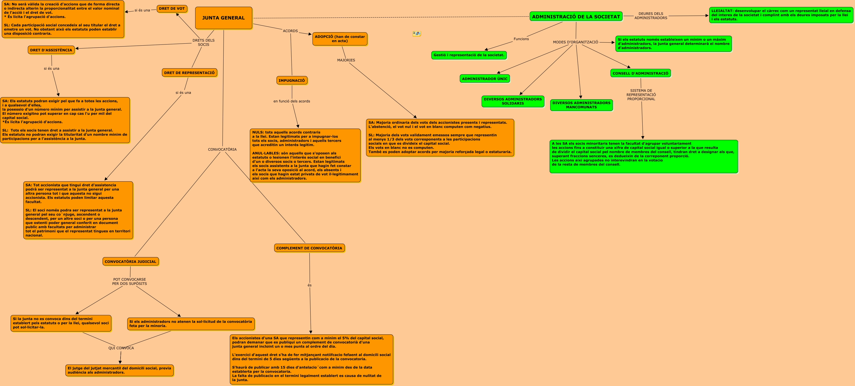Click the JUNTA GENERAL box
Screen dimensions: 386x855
point(223,18)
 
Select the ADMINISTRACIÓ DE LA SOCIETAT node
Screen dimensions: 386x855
point(576,17)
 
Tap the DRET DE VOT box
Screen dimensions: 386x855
point(172,9)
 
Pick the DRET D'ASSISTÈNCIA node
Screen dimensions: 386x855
point(51,50)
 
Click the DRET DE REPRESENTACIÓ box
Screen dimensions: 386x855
point(189,73)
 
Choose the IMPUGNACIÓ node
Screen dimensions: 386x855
point(292,80)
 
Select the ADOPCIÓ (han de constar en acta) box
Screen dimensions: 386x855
point(340,39)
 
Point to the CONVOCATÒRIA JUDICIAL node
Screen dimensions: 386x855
point(130,261)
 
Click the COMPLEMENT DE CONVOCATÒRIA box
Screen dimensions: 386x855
point(309,248)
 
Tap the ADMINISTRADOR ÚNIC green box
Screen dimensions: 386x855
point(484,79)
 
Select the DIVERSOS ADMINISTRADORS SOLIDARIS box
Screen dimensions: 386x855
point(513,101)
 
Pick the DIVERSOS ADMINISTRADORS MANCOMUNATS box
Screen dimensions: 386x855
point(581,105)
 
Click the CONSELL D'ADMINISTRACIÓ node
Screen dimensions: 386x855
point(640,73)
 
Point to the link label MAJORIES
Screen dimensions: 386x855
point(346,60)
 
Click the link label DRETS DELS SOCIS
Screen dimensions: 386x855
point(203,42)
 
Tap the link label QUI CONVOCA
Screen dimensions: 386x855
point(121,348)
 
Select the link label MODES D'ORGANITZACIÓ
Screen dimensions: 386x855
point(575,42)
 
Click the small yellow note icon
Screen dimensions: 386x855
point(416,34)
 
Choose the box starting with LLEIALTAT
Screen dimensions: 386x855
point(781,15)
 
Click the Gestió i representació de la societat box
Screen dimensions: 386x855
point(469,55)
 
